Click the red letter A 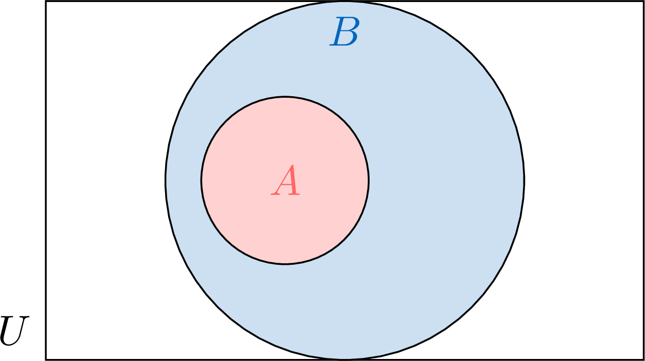pyautogui.click(x=286, y=180)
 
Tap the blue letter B pyautogui.click(x=345, y=31)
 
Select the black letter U pyautogui.click(x=14, y=331)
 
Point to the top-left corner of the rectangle pyautogui.click(x=46, y=1)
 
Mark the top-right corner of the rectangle pyautogui.click(x=643, y=1)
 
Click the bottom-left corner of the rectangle pyautogui.click(x=46, y=359)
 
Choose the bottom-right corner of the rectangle pyautogui.click(x=643, y=359)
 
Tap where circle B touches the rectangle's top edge pyautogui.click(x=345, y=2)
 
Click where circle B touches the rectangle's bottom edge pyautogui.click(x=345, y=359)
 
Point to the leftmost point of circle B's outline pyautogui.click(x=166, y=181)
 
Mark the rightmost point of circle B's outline pyautogui.click(x=524, y=181)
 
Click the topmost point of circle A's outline pyautogui.click(x=285, y=97)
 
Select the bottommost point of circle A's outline pyautogui.click(x=285, y=264)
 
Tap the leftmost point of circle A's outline pyautogui.click(x=201, y=180)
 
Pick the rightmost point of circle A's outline pyautogui.click(x=369, y=180)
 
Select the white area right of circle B pyautogui.click(x=585, y=180)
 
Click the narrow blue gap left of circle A pyautogui.click(x=183, y=180)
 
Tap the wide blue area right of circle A pyautogui.click(x=447, y=180)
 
